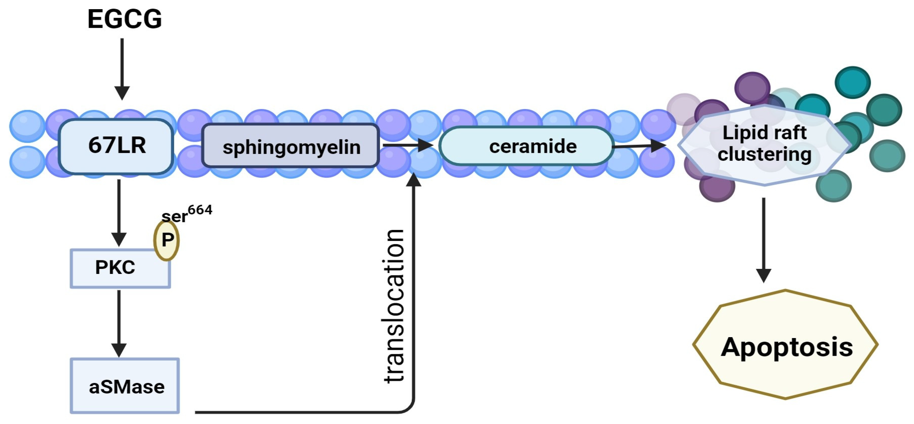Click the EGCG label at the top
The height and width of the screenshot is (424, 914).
(125, 19)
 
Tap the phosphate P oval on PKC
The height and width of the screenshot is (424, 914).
(167, 240)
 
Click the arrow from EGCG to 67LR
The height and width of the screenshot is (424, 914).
(122, 67)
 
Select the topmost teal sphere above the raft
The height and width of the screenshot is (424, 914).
(852, 82)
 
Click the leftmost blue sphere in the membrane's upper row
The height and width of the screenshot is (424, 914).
(27, 126)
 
